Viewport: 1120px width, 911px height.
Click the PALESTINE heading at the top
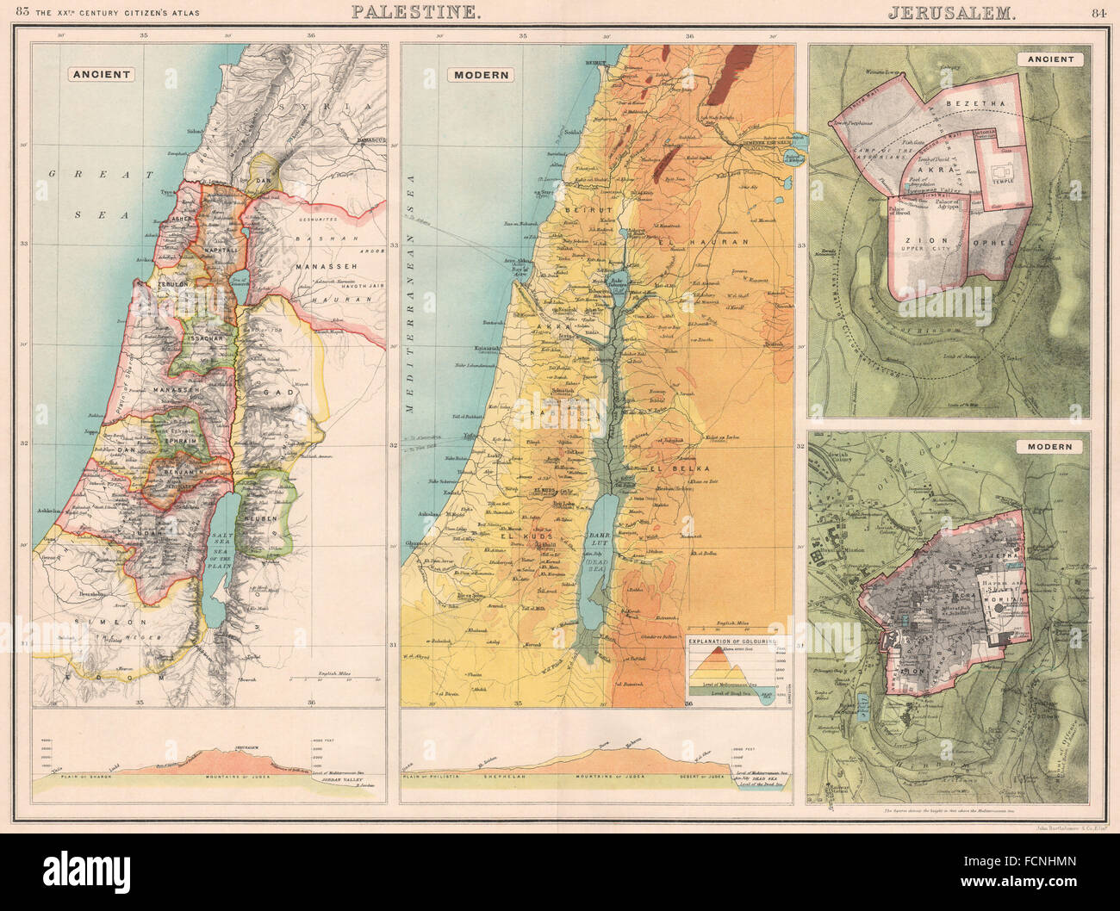point(415,12)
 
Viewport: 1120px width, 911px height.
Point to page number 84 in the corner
point(1098,12)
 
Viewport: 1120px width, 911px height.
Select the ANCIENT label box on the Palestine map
point(102,74)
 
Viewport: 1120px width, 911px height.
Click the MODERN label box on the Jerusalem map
point(1049,447)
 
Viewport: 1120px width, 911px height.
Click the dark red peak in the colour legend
point(718,650)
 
